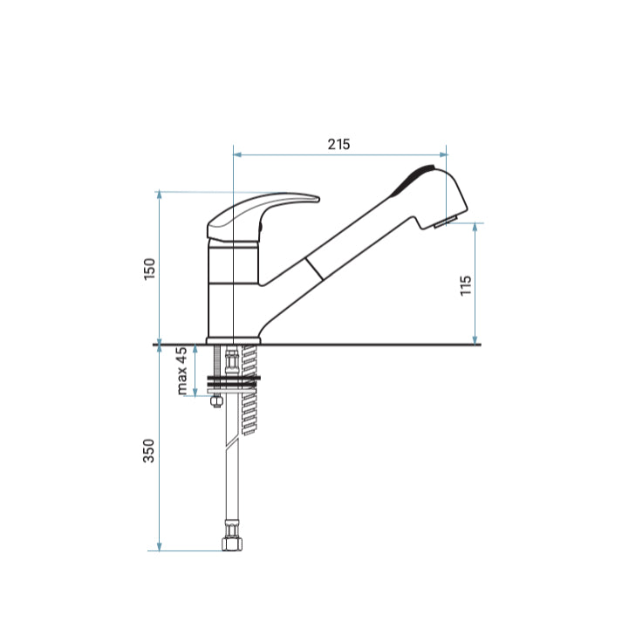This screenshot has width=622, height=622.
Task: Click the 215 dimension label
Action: coord(338,144)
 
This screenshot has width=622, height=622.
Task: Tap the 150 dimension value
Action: coord(149,269)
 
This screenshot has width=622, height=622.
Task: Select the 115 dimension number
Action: coord(466,285)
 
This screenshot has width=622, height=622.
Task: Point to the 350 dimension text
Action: coord(149,451)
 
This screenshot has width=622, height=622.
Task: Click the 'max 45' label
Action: coord(181,371)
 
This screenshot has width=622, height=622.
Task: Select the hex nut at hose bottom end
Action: coord(232,543)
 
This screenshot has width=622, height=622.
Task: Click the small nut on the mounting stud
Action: coord(216,401)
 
